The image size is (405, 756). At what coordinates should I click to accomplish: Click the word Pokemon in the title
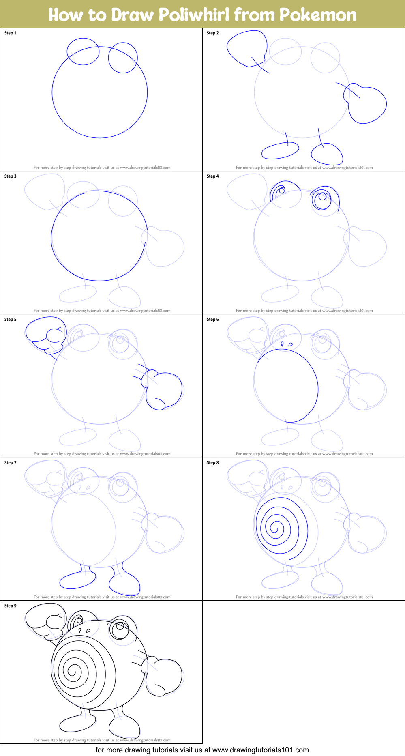(318, 15)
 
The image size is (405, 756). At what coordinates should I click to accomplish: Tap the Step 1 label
(11, 33)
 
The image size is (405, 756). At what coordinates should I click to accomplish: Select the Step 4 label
(213, 176)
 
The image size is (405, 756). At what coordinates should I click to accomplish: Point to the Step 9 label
(11, 606)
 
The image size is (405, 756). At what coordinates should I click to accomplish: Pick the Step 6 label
(213, 320)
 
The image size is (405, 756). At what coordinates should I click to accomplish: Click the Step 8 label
(213, 463)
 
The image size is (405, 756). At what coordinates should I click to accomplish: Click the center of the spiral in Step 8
(276, 528)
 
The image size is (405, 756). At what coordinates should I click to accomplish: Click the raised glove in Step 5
(45, 335)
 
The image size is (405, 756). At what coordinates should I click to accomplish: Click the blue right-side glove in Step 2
(367, 105)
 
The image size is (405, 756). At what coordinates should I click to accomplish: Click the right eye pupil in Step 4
(323, 197)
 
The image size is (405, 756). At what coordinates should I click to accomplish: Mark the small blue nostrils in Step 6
(287, 344)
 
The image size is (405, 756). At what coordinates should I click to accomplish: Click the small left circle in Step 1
(83, 52)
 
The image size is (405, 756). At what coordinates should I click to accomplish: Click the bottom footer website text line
(202, 750)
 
